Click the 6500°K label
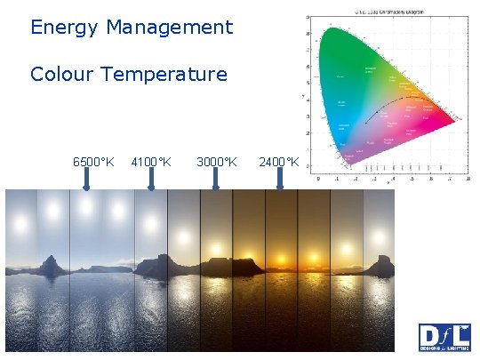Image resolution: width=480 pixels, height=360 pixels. pos(93,162)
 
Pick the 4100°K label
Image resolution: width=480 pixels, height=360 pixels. pos(151,162)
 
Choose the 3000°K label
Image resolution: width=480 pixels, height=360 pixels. pos(216,162)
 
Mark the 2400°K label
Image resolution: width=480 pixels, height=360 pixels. pos(278,162)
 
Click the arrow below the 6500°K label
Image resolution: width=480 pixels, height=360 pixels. pos(86,180)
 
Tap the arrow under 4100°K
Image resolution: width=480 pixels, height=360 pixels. pos(151,180)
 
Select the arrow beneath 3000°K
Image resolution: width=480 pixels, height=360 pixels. pos(216,180)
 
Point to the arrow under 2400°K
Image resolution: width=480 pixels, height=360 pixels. pos(279,180)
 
